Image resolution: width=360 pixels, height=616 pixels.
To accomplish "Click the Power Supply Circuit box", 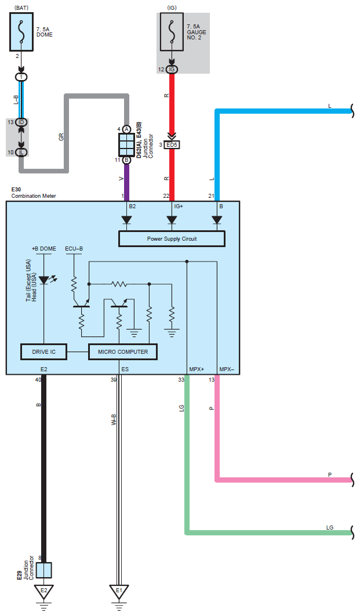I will point(172,239).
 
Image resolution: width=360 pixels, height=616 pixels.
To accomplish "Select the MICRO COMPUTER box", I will point(122,352).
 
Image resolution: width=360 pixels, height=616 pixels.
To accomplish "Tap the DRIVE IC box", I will point(43,352).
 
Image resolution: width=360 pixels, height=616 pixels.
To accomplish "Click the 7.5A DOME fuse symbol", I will point(21,32).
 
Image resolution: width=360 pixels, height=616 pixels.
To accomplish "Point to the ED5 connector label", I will point(172,144).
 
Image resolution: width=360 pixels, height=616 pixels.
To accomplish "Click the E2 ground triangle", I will point(42,591).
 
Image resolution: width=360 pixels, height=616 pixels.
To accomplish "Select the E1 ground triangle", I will point(119,591).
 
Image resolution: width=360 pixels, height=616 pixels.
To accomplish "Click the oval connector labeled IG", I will point(172,70).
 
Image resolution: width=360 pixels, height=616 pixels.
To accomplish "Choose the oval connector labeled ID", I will point(21,122).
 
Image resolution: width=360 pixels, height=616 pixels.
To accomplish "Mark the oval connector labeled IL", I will point(21,152).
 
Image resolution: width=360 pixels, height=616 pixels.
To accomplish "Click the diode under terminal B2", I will point(126,220).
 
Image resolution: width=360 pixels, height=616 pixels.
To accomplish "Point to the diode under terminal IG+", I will point(172,220).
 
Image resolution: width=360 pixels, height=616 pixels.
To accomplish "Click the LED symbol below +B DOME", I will point(44,280).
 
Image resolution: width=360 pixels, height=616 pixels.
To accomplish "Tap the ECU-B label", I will point(74,248).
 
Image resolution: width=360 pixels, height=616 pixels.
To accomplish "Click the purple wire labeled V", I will point(126,180).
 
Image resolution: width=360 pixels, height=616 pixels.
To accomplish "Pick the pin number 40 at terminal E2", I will point(38,380).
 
